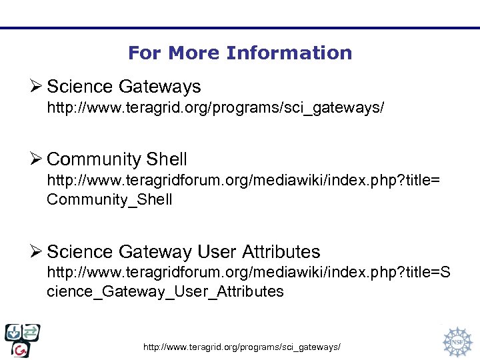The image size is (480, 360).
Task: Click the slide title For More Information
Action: pos(240,53)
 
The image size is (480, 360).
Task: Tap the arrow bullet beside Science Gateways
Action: pos(37,87)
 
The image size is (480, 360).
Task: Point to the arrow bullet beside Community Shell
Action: pos(37,159)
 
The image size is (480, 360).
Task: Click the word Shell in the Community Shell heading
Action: pos(166,159)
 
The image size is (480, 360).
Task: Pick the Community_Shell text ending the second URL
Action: pos(109,199)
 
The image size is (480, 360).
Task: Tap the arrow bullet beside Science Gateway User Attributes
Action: pos(37,252)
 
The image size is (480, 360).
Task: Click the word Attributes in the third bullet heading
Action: pos(281,252)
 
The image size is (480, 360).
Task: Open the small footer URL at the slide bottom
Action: pos(243,347)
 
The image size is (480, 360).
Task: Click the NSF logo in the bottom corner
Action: pos(457,341)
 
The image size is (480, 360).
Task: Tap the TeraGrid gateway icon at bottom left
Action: pos(22,341)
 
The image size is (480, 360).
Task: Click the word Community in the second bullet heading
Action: pos(94,159)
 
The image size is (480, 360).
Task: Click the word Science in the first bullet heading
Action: pos(80,87)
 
